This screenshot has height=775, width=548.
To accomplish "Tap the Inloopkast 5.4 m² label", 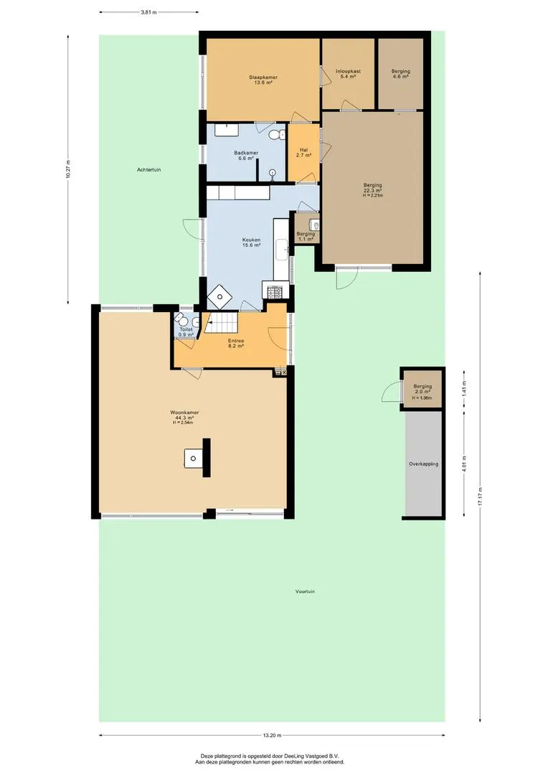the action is [x=349, y=74].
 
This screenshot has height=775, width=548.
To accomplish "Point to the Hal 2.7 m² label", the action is [x=304, y=153].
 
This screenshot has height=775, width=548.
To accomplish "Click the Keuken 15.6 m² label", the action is [x=251, y=243].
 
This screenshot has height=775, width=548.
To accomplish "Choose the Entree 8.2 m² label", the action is [x=236, y=344].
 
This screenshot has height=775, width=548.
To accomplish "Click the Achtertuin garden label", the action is [x=149, y=169].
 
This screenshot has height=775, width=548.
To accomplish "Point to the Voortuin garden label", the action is [x=305, y=591].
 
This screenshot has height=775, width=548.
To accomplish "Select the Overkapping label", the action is [x=423, y=464].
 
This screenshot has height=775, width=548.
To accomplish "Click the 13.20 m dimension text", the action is [x=272, y=735].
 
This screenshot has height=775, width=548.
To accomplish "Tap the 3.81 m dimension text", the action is [x=148, y=12].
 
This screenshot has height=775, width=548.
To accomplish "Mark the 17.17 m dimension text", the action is [x=480, y=497].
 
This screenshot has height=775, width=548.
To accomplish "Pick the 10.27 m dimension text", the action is [x=67, y=169].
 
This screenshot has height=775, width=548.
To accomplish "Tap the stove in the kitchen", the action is [x=275, y=291].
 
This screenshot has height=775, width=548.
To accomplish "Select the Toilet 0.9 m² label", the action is [x=186, y=332].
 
